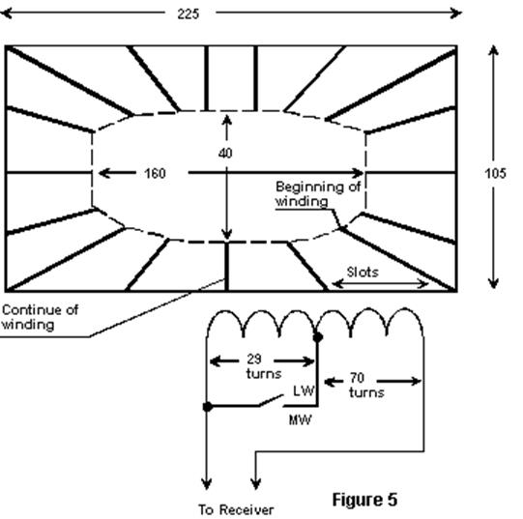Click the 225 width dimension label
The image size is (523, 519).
coord(189,14)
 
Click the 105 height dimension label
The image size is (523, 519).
coord(495,173)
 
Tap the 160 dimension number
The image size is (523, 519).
coord(155,173)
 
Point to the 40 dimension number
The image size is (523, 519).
coord(225,153)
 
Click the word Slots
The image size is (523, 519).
coord(363,273)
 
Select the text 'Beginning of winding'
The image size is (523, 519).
coord(318,194)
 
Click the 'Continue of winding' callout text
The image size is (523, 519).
coord(40,317)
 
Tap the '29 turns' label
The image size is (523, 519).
coord(264,366)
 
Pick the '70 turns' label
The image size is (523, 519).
coord(366,385)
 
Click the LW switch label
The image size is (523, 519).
coord(304,390)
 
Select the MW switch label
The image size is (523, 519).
coord(301,420)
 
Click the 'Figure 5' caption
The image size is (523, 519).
coord(364,500)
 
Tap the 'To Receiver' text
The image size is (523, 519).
coord(236,510)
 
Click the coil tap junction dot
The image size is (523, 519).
coord(318,337)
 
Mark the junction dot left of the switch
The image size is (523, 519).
coord(208,407)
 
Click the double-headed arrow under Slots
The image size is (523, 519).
coord(380,284)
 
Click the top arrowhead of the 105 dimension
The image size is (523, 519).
coord(494,50)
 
